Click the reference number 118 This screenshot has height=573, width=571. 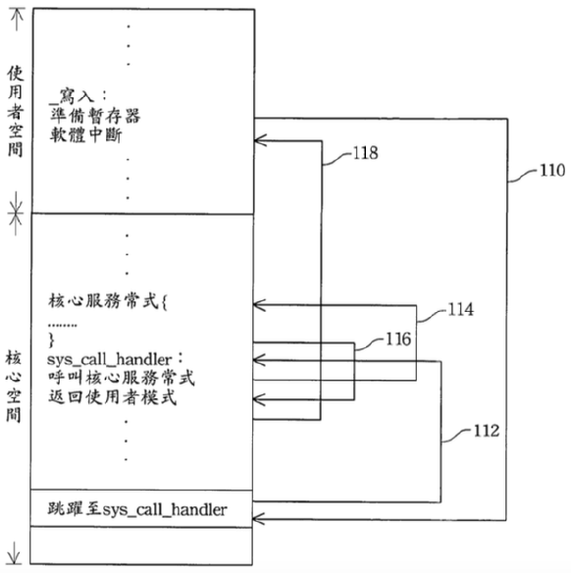tap(365, 153)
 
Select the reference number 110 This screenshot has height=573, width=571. tap(552, 171)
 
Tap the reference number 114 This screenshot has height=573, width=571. tap(461, 309)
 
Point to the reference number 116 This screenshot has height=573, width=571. tap(398, 339)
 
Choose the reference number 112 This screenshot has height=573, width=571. tap(487, 431)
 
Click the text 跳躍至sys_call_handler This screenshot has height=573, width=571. tap(137, 509)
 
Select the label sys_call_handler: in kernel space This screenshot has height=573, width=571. tap(115, 359)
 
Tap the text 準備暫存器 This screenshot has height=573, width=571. tap(95, 116)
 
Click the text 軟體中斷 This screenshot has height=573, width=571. tap(86, 134)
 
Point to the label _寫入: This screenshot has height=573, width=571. tap(78, 96)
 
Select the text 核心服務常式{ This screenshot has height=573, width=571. tap(107, 302)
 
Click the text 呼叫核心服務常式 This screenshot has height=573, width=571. tap(122, 378)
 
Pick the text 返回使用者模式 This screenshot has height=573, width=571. tap(112, 397)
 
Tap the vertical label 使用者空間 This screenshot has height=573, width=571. tap(16, 112)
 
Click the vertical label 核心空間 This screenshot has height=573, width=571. tap(14, 386)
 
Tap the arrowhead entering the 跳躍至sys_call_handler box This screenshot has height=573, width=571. tap(257, 519)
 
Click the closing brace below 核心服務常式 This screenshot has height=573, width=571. tap(51, 340)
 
